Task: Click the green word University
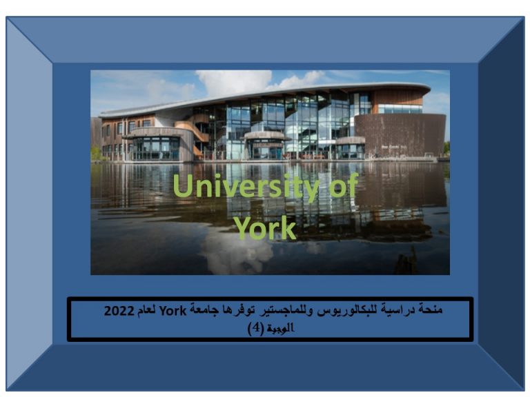click(x=246, y=186)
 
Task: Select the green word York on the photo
click(x=265, y=228)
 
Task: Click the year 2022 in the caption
click(x=119, y=311)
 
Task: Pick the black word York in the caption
click(x=173, y=311)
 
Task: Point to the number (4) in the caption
click(x=255, y=328)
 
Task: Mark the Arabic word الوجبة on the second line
click(x=280, y=328)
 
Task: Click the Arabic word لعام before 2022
click(x=146, y=310)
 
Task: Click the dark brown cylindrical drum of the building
click(x=400, y=135)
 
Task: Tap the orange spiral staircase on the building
click(x=193, y=130)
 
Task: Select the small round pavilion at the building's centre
click(x=265, y=145)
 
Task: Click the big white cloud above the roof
click(x=234, y=83)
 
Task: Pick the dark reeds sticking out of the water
click(x=406, y=262)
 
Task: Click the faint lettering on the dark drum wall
click(x=394, y=147)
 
